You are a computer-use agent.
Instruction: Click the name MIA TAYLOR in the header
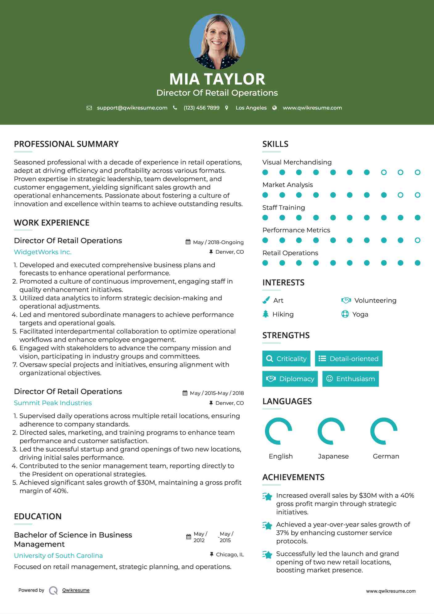click(217, 79)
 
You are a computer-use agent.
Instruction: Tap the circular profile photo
click(217, 42)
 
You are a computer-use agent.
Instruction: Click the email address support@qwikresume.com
click(132, 108)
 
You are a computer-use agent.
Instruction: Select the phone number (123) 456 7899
click(201, 108)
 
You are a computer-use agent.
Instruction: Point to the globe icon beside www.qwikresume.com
click(275, 108)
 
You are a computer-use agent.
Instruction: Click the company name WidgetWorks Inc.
click(43, 252)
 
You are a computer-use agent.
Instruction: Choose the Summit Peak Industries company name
click(53, 403)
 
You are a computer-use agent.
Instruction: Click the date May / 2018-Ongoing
click(218, 242)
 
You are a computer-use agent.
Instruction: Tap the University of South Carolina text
click(58, 556)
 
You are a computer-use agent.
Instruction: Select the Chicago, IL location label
click(230, 554)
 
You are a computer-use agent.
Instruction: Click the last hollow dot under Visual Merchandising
click(417, 172)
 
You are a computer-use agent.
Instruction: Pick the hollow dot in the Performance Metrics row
click(417, 240)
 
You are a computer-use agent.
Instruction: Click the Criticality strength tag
click(286, 359)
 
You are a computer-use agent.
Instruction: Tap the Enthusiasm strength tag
click(350, 379)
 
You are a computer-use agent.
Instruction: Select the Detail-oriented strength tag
click(349, 359)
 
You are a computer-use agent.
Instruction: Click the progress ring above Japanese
click(331, 431)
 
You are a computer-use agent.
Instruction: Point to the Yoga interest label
click(360, 314)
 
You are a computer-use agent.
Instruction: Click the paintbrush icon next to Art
click(266, 300)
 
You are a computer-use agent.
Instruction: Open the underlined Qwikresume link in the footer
click(76, 590)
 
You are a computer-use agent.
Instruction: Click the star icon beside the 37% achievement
click(267, 525)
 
